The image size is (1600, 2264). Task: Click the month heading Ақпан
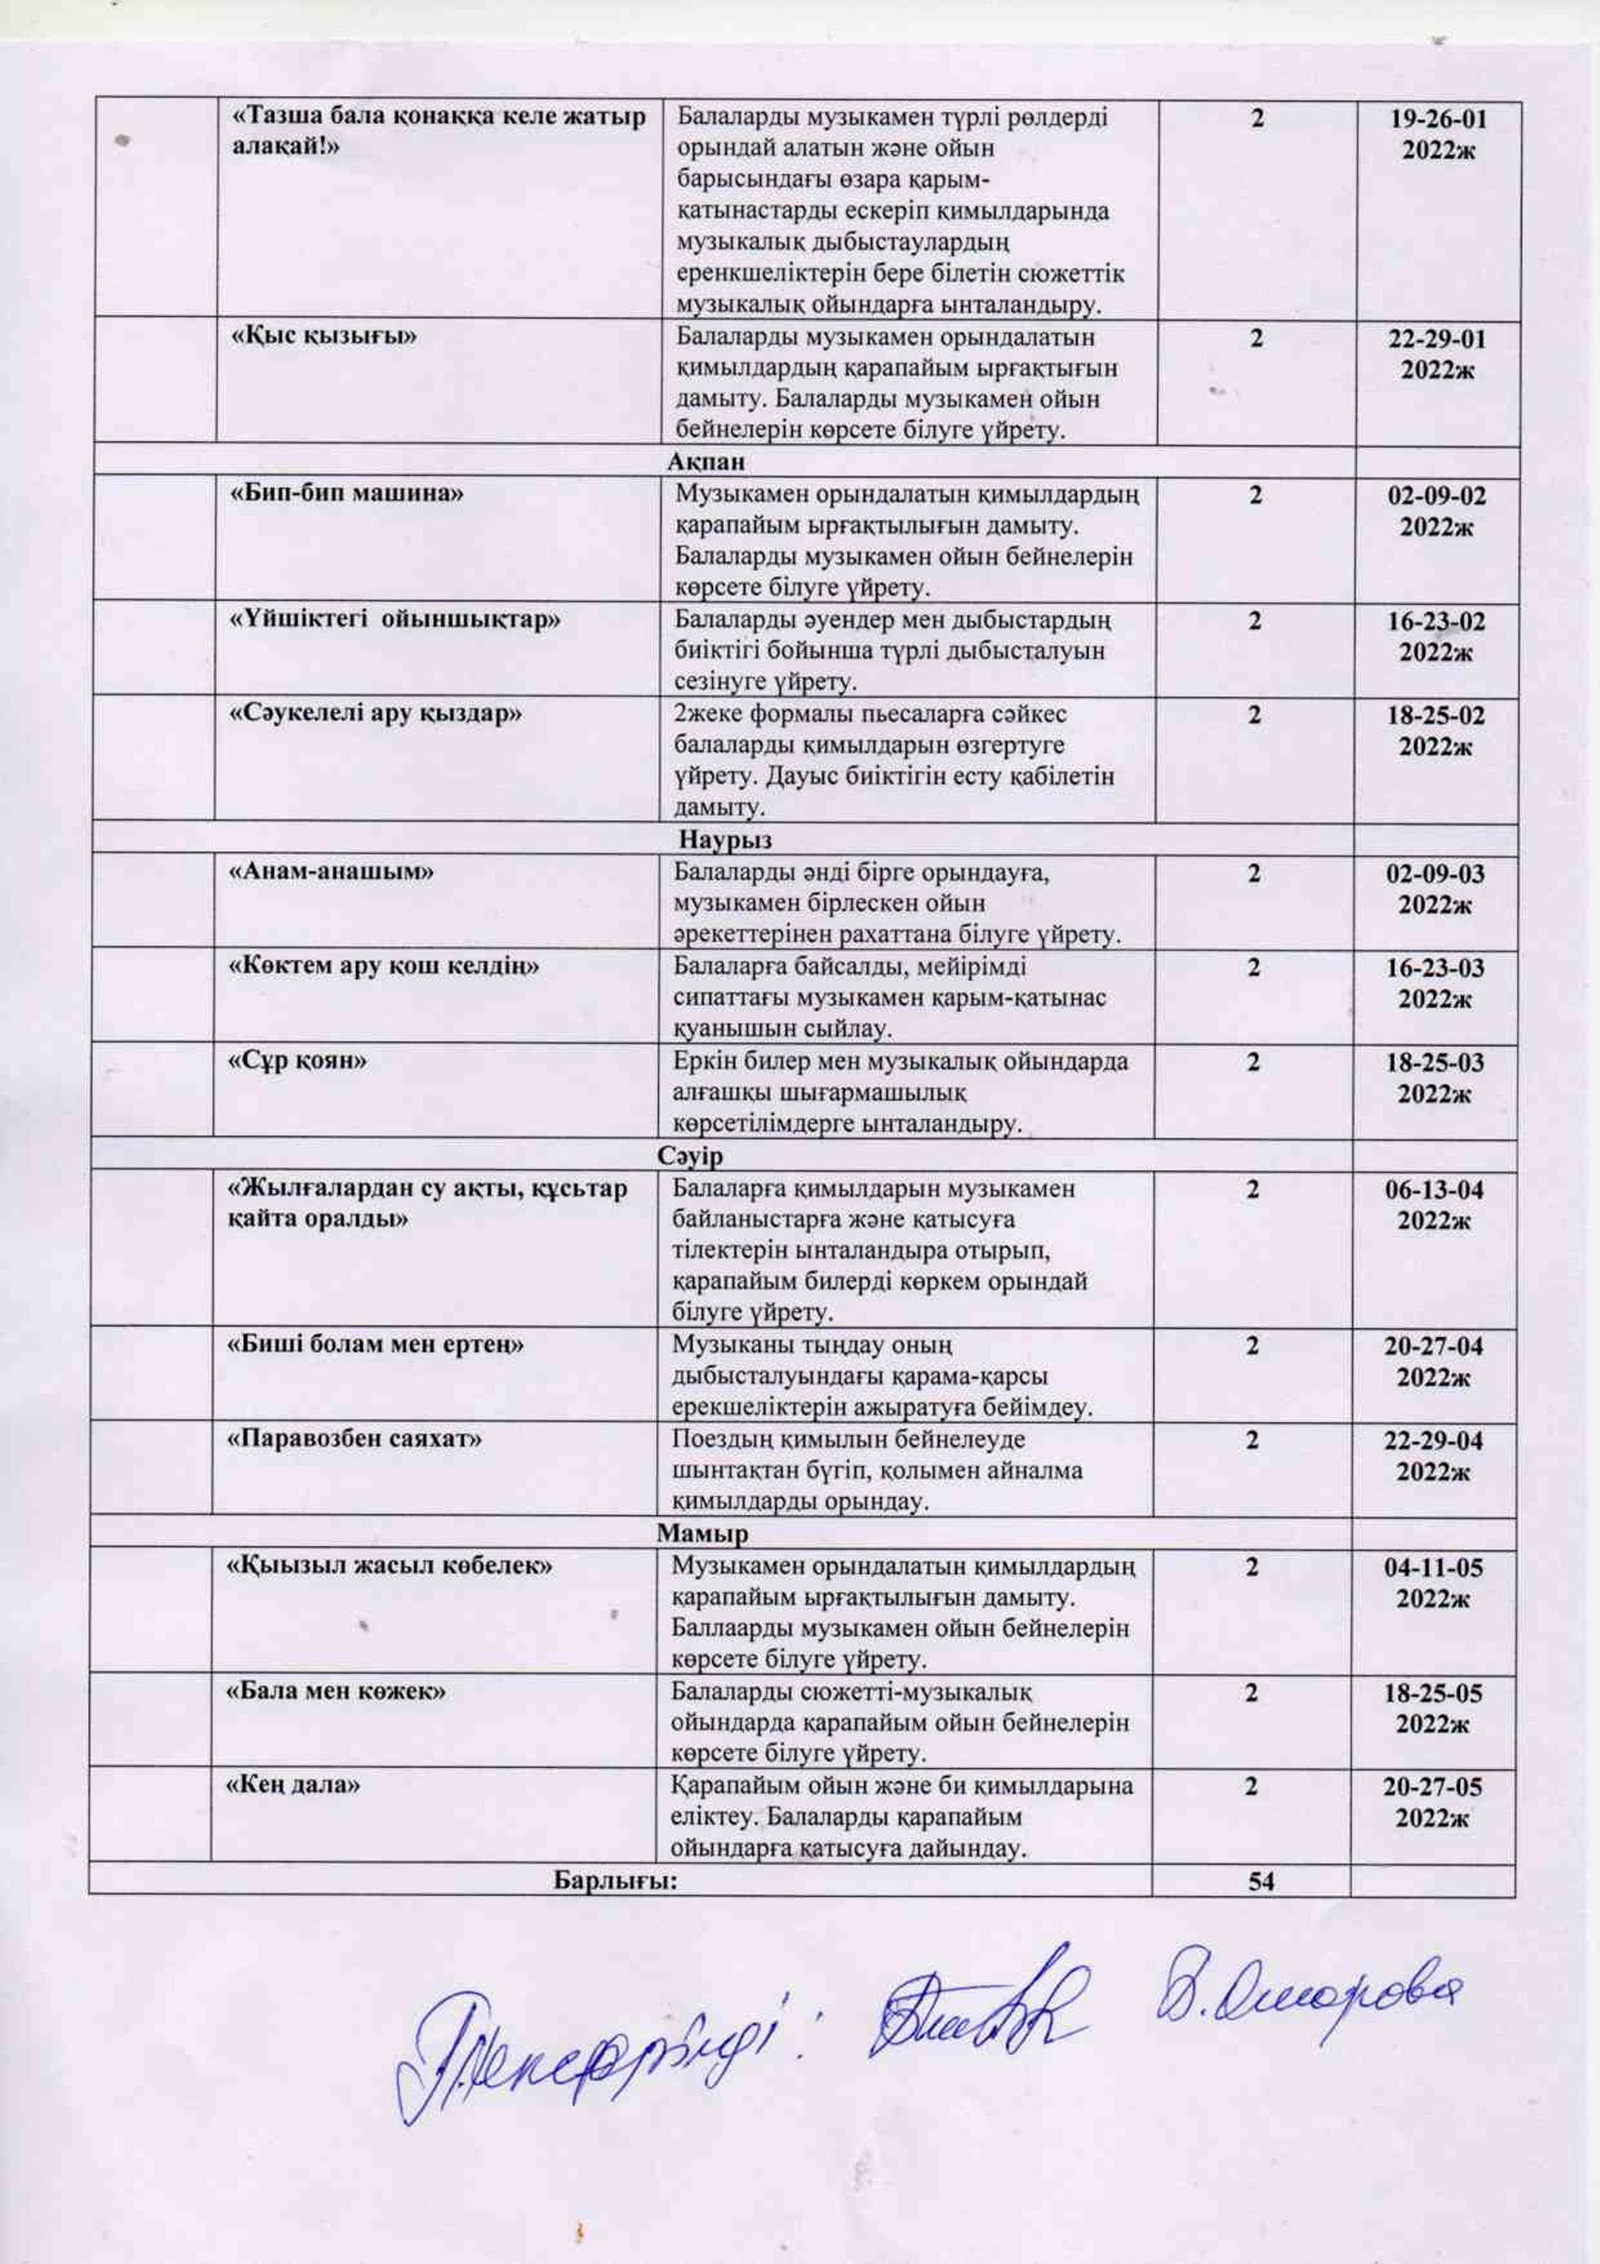tap(705, 461)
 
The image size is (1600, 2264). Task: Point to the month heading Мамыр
tap(703, 1534)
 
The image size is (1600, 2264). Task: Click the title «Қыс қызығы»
tap(323, 336)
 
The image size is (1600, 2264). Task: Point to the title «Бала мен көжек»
tap(336, 1691)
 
